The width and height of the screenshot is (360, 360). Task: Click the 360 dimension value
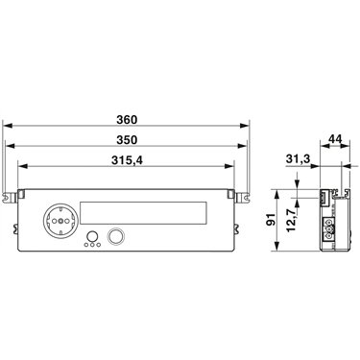(x=127, y=120)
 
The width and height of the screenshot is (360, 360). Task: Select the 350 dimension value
(x=127, y=140)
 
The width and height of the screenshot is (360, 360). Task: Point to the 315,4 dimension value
(x=127, y=160)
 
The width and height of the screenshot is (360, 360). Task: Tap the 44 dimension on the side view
(x=335, y=139)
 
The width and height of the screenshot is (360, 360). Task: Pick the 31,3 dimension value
(x=298, y=159)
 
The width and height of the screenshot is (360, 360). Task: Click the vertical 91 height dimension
(x=271, y=220)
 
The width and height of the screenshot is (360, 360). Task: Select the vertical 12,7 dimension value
(x=291, y=222)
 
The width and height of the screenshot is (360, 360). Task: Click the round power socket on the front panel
(x=60, y=221)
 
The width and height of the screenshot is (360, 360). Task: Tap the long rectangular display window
(x=143, y=212)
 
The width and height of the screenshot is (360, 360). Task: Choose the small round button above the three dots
(x=92, y=236)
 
